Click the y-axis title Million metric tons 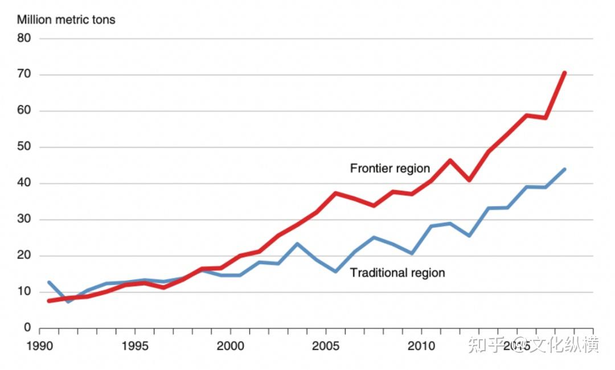coord(66,20)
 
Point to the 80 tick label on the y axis coord(23,39)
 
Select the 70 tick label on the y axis coord(23,75)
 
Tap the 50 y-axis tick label coord(23,147)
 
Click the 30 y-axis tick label coord(23,220)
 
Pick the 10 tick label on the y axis coord(23,292)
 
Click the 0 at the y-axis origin coord(27,328)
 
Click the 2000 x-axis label coord(231,346)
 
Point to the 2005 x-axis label coord(326,346)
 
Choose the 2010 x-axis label coord(422,346)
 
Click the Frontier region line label coord(389,168)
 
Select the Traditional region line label coord(397,273)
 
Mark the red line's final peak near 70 coord(564,73)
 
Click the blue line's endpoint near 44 coord(564,169)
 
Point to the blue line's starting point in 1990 coord(49,282)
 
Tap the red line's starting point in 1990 coord(49,301)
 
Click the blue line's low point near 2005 coord(335,272)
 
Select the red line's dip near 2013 coord(469,180)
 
